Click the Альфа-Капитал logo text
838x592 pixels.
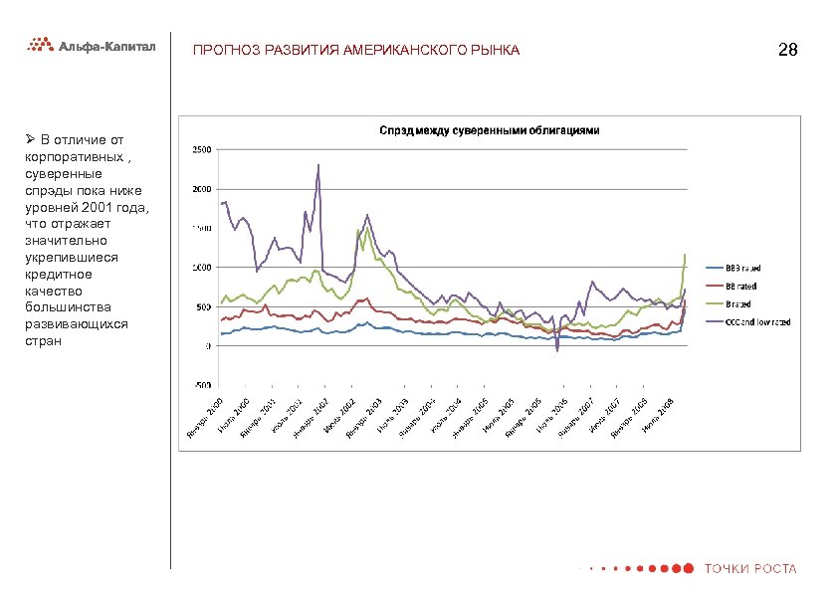click(x=107, y=45)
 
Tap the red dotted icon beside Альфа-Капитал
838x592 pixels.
click(x=40, y=45)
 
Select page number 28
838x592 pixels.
click(x=786, y=50)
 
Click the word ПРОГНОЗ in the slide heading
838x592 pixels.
click(x=222, y=50)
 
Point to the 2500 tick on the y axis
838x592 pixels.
click(x=200, y=150)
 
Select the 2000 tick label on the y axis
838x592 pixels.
click(x=200, y=189)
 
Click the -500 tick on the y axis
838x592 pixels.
click(x=200, y=384)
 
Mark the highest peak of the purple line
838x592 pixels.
click(x=318, y=165)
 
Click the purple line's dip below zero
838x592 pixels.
click(x=557, y=350)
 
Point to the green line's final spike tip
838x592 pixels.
click(x=686, y=255)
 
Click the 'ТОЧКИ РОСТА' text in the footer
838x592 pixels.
click(x=750, y=569)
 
